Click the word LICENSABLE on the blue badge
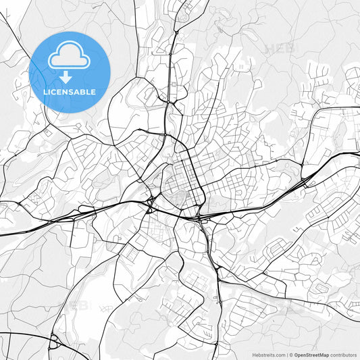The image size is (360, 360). point(70,92)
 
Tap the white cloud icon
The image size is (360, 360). point(70,56)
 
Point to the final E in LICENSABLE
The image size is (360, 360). point(93,92)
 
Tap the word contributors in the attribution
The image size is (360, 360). point(343,355)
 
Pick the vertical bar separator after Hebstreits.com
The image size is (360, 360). point(286,355)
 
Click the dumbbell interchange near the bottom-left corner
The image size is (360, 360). point(53,342)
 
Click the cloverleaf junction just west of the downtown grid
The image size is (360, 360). point(150,201)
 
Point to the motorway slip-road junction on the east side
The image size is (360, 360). point(307,181)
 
